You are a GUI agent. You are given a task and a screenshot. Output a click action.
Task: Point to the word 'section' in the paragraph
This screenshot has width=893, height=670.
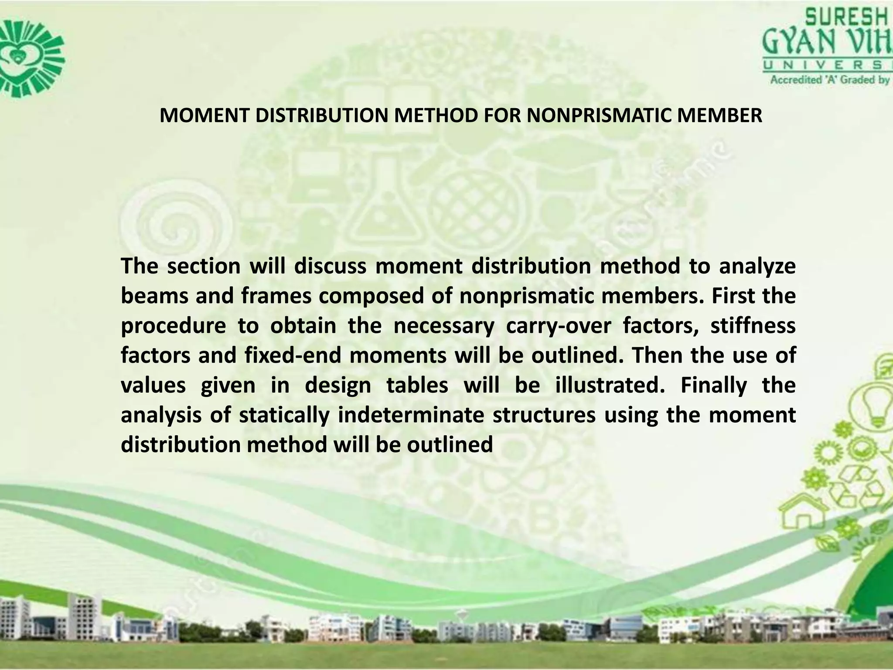[x=204, y=266]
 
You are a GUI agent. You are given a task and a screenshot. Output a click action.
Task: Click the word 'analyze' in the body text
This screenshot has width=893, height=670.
[x=757, y=266]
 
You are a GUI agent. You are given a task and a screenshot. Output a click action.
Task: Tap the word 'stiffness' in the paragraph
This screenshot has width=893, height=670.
[x=753, y=326]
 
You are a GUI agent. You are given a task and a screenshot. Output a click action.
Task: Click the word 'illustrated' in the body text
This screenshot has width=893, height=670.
[x=610, y=386]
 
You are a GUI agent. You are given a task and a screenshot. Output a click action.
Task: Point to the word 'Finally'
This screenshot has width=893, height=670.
[x=714, y=386]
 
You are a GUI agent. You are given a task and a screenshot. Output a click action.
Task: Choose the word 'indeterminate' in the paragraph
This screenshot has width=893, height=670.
[x=411, y=415]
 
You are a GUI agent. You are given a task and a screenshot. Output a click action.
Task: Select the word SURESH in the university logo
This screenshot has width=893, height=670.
[x=846, y=19]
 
